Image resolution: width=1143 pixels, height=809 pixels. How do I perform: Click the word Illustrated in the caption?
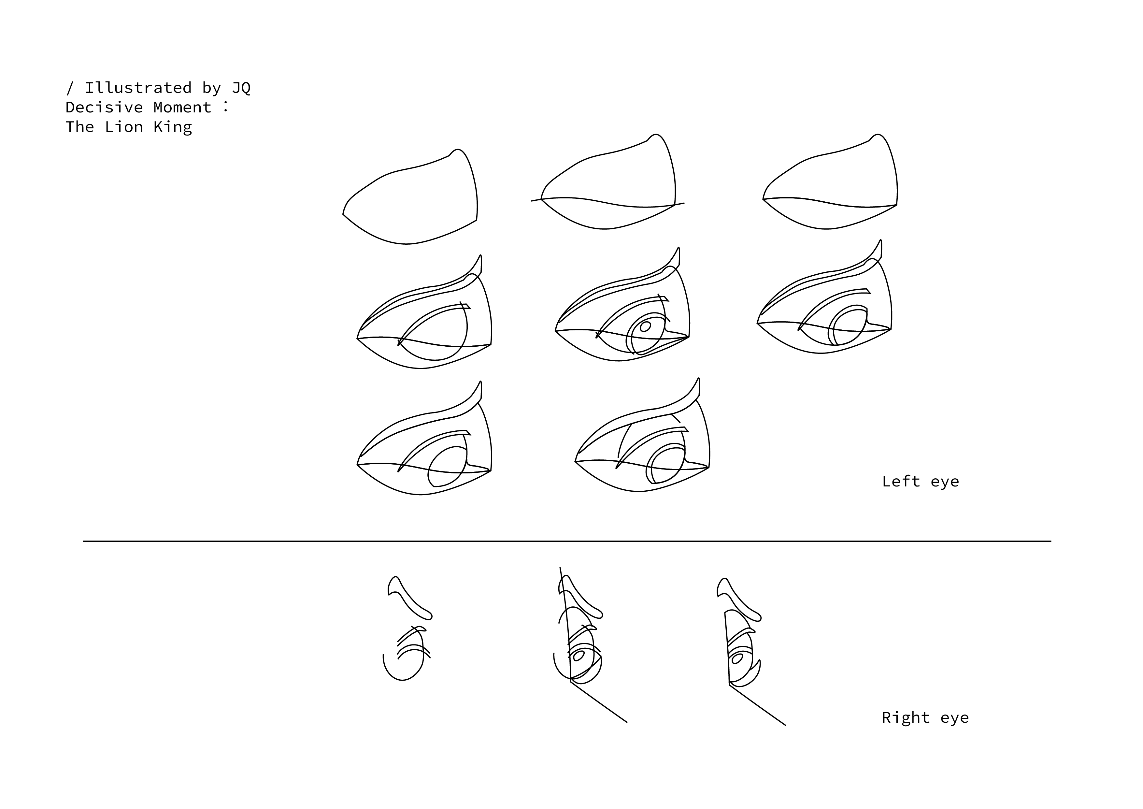tap(138, 88)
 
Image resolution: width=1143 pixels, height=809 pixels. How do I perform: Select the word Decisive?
tap(104, 107)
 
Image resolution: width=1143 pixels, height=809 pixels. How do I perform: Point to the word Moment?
tap(182, 107)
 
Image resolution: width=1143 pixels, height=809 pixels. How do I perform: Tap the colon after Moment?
tap(226, 106)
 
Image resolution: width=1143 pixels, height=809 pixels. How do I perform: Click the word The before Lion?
tap(80, 127)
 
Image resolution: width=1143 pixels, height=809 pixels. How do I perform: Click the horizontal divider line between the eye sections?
tap(567, 541)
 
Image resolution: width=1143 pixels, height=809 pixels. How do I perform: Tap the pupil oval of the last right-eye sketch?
tap(737, 659)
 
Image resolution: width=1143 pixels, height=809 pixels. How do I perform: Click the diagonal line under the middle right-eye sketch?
tap(599, 702)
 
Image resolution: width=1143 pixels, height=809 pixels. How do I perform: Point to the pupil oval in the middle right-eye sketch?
tap(579, 656)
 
